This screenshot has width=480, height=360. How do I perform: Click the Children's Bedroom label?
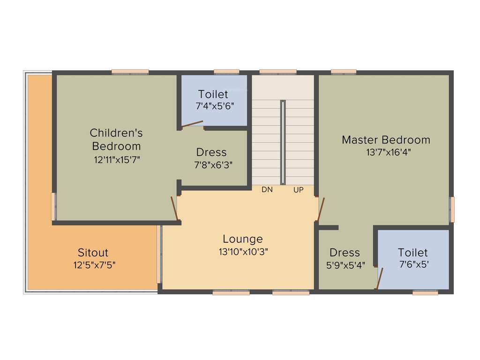coord(116,139)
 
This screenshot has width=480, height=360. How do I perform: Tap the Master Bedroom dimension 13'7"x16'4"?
coord(385,152)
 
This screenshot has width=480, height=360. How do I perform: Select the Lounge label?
coord(243,239)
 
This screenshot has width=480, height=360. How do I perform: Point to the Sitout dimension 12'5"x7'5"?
coord(94,265)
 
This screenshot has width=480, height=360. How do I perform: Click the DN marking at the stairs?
coord(267,190)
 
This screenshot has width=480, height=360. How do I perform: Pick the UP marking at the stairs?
coord(299,190)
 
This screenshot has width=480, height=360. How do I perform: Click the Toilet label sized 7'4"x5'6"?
coord(213,94)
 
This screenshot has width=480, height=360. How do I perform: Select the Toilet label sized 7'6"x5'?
coord(413,253)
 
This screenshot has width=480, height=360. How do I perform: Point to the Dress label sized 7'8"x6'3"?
coord(211,152)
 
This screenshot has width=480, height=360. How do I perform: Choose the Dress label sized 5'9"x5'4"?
coord(345,253)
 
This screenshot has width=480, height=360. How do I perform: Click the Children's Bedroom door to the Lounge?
coord(174,208)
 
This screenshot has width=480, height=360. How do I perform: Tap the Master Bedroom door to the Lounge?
coord(321,209)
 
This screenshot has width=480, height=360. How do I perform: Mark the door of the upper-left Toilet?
coord(192,124)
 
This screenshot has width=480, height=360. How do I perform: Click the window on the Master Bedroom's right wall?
coord(452,209)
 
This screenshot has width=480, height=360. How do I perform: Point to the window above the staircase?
coord(277,72)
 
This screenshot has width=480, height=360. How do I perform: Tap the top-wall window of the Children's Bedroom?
coord(130,72)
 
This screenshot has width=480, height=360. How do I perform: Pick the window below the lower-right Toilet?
coord(425,293)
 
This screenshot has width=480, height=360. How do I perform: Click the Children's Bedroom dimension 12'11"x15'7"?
coord(117,159)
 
